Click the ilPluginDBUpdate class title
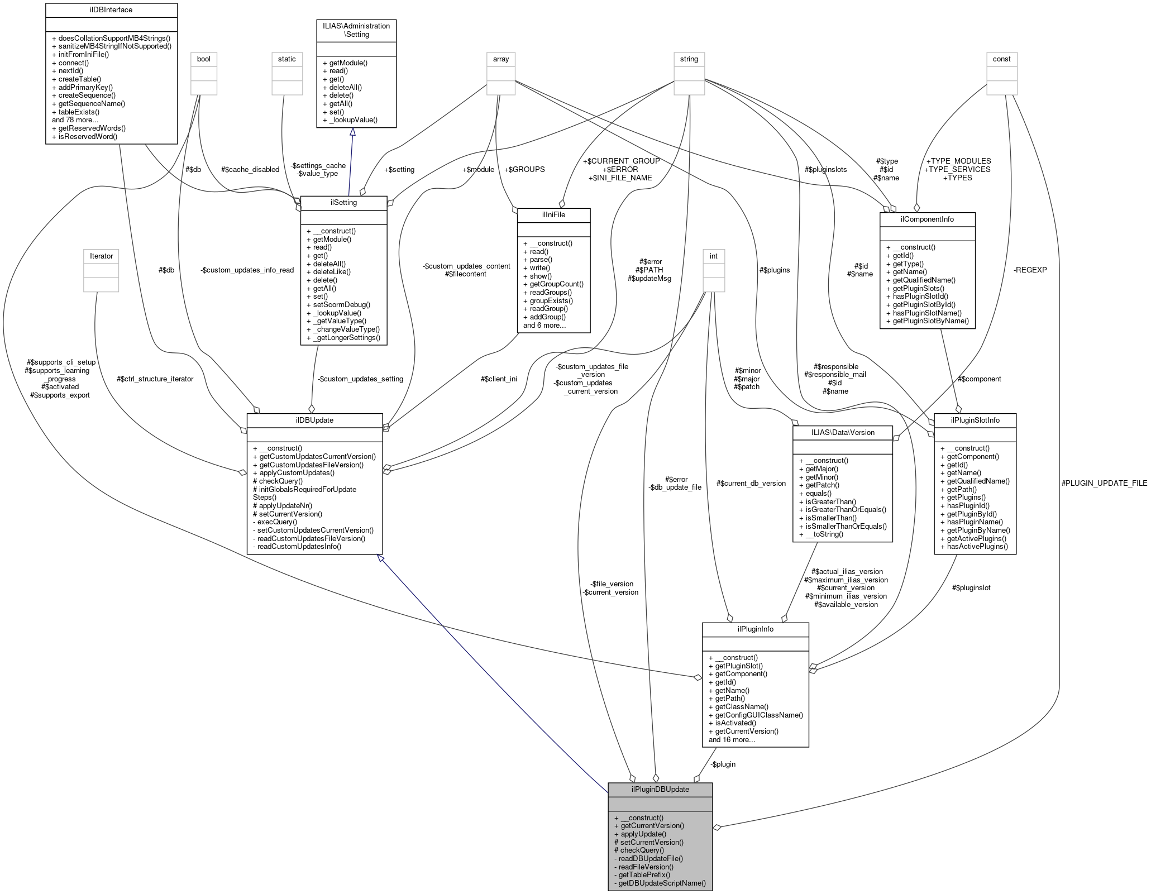coord(660,789)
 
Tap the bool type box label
coord(203,59)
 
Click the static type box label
coord(287,59)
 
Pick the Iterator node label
coord(101,256)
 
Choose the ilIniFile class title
coord(554,215)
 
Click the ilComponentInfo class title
coord(927,219)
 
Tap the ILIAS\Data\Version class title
coord(842,432)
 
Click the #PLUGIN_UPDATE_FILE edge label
coord(1104,483)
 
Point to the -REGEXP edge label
coord(1030,270)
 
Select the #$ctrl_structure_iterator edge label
coord(155,379)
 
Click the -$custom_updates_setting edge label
coord(360,379)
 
